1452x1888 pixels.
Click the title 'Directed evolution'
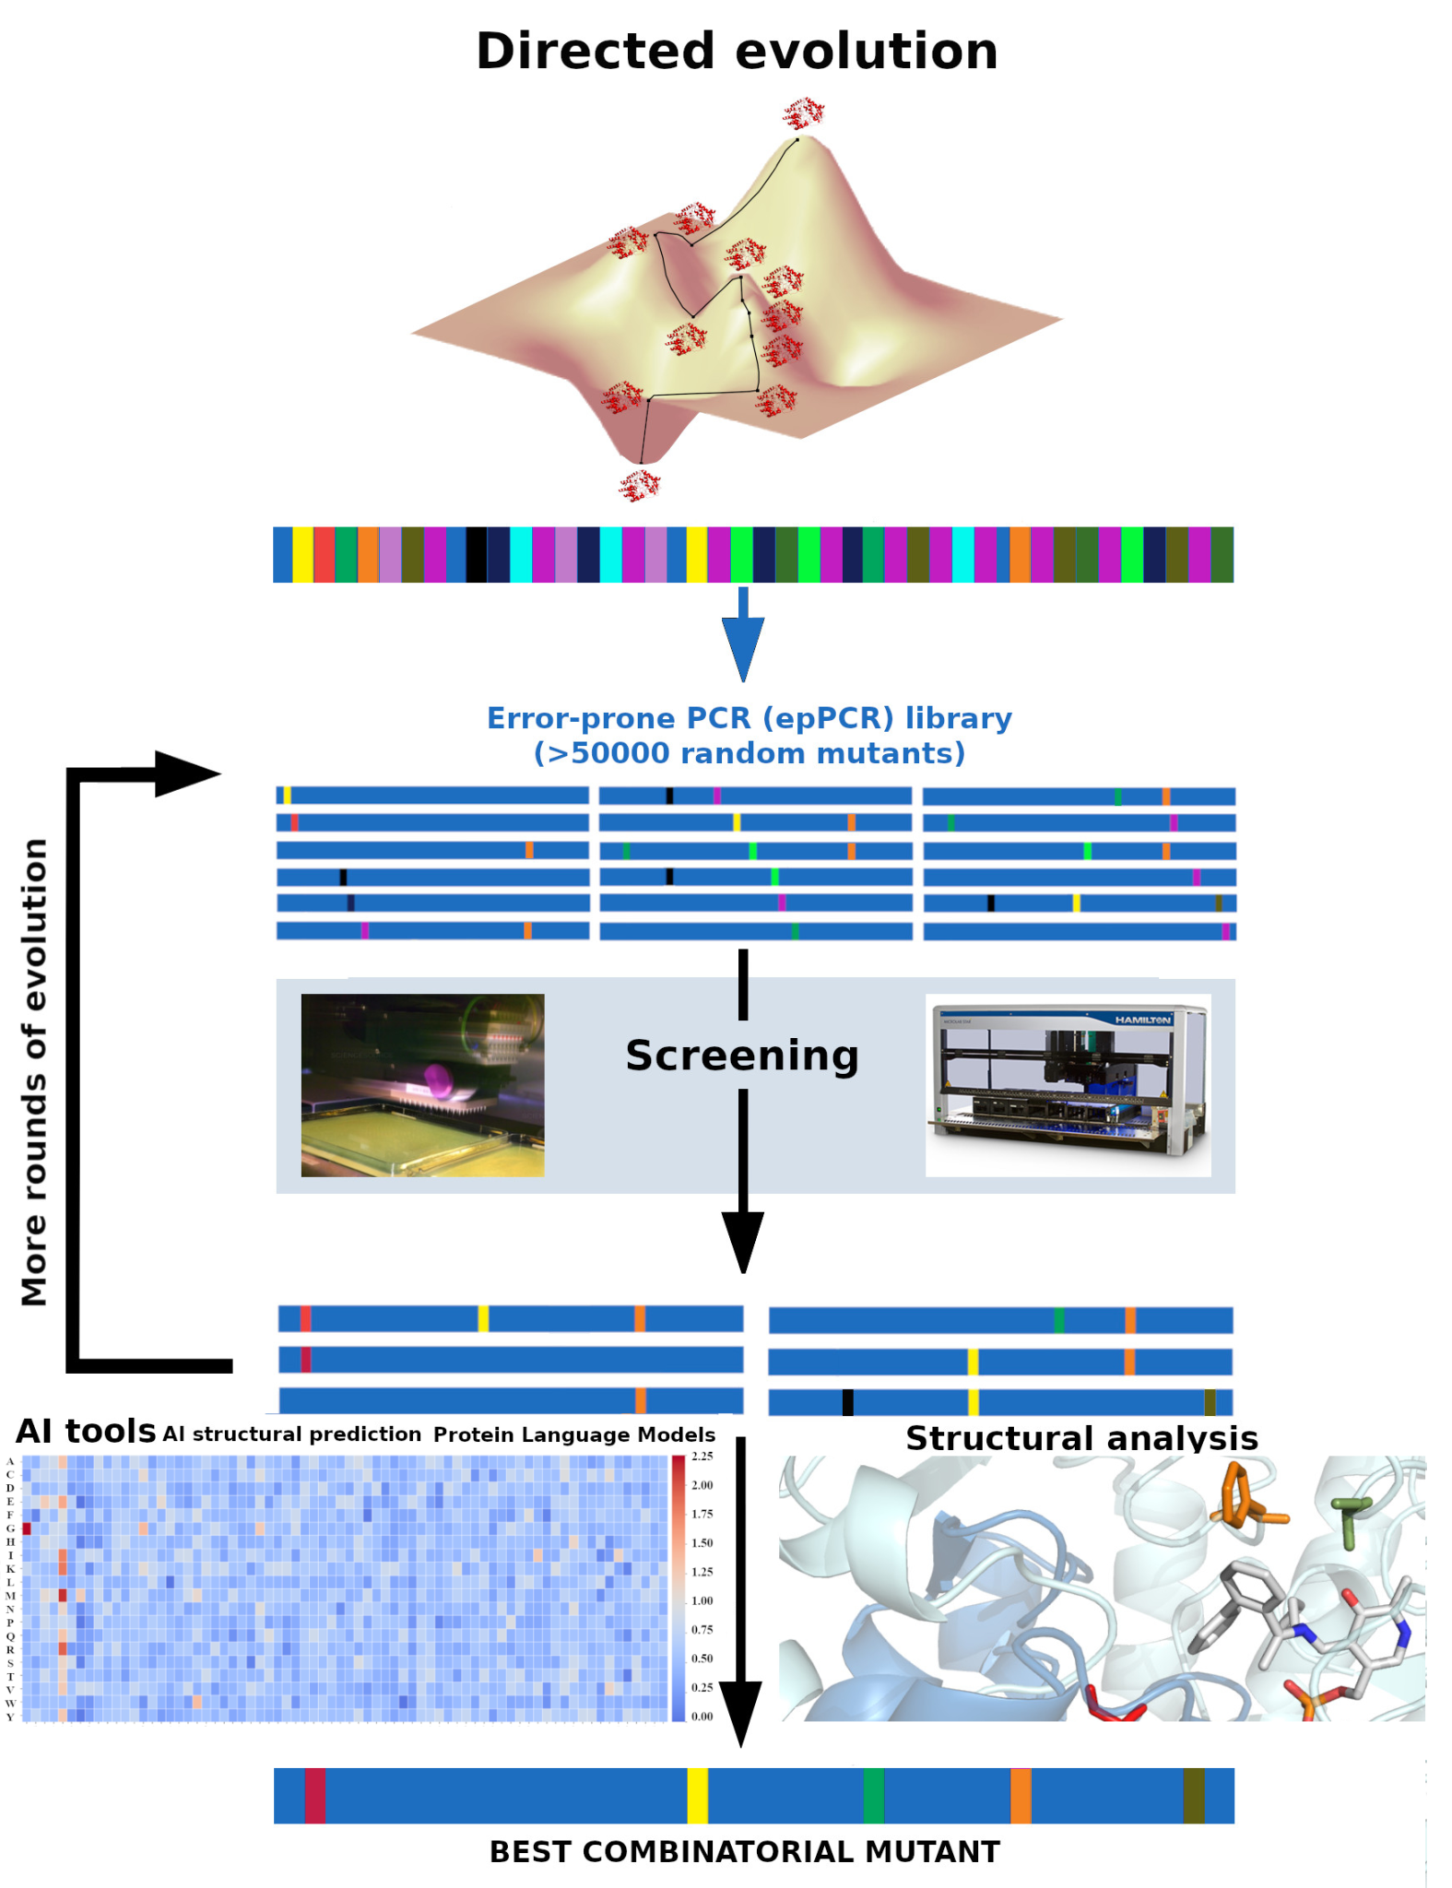click(736, 52)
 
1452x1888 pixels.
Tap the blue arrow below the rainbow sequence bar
click(742, 636)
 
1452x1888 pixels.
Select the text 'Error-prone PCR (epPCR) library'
click(749, 718)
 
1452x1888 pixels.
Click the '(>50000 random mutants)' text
click(749, 753)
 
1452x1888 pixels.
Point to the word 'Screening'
click(742, 1056)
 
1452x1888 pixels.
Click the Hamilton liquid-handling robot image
click(1068, 1084)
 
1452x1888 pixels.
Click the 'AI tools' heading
click(86, 1432)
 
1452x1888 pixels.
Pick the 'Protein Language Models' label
click(574, 1434)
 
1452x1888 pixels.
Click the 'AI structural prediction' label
click(291, 1434)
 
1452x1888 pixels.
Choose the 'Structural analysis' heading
click(1081, 1438)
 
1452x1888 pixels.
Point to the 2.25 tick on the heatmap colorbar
click(702, 1457)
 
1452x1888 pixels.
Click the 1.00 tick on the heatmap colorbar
click(702, 1600)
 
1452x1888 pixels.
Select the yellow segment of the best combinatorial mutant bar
click(697, 1795)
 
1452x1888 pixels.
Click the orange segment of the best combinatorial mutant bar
click(1021, 1795)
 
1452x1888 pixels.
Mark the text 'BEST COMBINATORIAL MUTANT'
click(744, 1851)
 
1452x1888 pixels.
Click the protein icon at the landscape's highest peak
click(803, 113)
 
